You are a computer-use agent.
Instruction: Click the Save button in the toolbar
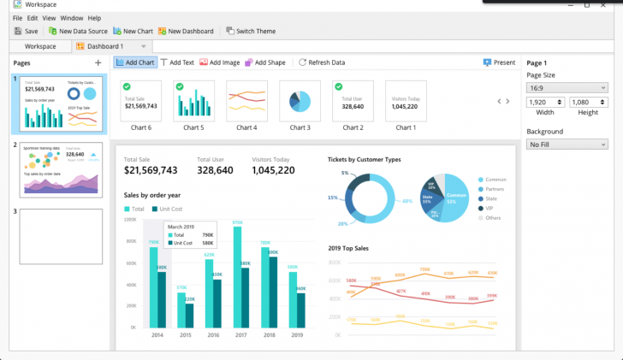26,31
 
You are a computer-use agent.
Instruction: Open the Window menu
72,18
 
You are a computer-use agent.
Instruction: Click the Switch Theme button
251,31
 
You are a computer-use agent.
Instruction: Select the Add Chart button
134,62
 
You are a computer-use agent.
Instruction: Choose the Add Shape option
265,62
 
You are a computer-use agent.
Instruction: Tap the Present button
499,62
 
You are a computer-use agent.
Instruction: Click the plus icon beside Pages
98,63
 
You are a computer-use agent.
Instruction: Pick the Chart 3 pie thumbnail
300,102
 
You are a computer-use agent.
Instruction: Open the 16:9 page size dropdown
567,87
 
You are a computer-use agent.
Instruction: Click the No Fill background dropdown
567,145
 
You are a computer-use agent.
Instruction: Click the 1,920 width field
544,103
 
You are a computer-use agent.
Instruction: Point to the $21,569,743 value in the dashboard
151,171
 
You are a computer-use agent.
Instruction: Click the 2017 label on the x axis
240,335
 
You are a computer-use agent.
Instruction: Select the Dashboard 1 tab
103,46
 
